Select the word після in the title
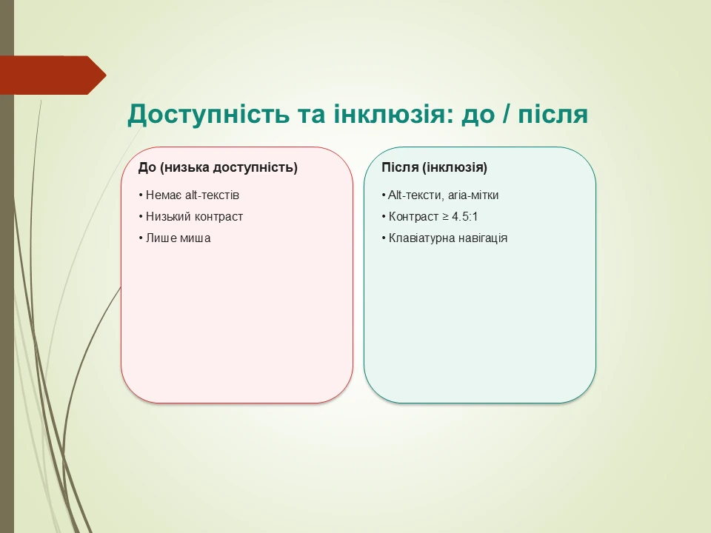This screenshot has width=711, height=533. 551,115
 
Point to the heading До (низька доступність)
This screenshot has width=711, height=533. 218,167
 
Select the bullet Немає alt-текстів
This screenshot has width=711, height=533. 189,195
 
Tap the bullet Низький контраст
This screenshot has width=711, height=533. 190,217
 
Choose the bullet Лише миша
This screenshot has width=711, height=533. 174,238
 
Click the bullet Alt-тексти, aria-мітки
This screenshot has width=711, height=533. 441,195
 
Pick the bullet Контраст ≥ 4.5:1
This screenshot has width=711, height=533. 435,217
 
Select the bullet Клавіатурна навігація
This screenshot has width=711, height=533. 444,238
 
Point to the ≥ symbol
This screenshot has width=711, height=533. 445,217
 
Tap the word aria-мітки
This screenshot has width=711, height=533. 474,195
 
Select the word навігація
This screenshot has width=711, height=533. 481,238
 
